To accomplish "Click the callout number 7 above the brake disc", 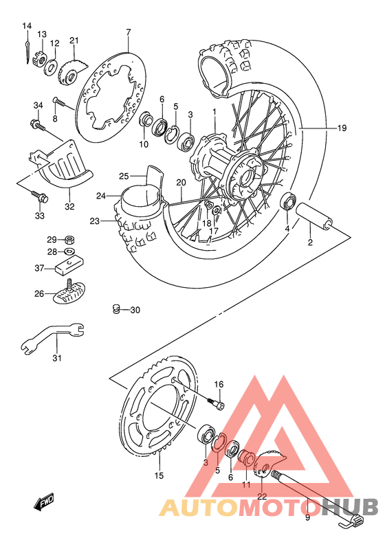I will tap(128, 32).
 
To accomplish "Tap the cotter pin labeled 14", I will tap(27, 50).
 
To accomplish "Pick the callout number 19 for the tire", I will tap(361, 128).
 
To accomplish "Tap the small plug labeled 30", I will tap(117, 309).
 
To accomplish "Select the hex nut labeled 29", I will tap(69, 240).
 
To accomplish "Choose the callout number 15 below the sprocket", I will tap(159, 475).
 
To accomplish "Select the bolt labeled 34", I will tap(36, 125).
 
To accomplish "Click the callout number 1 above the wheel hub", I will tap(214, 112).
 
